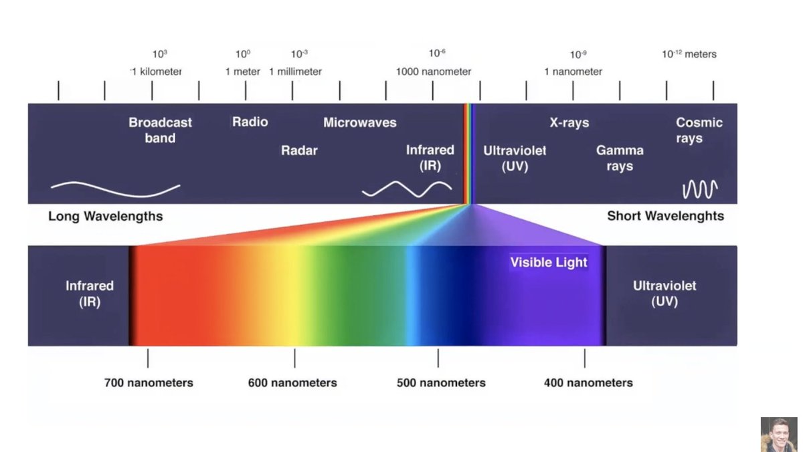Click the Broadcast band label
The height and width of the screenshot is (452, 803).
(160, 130)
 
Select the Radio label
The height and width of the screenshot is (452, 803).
(250, 122)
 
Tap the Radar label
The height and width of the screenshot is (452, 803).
(299, 150)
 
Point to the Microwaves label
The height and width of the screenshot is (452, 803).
(360, 122)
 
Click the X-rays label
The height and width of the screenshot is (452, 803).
(569, 122)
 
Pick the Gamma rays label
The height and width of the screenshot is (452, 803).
(620, 158)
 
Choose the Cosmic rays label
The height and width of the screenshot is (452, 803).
(699, 130)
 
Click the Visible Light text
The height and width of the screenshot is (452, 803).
(549, 262)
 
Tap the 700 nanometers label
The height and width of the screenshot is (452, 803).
(149, 383)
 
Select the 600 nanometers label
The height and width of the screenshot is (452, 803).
(292, 383)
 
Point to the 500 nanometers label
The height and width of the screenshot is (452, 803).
(441, 383)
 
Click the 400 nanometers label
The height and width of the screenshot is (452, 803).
(588, 383)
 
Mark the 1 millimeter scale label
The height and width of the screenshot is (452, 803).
(295, 72)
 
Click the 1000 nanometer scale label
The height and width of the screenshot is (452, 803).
(434, 72)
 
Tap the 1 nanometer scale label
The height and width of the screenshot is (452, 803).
(573, 72)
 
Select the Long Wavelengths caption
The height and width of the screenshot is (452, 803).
(106, 217)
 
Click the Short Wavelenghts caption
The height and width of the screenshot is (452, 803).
(665, 216)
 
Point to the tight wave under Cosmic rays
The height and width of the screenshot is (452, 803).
(700, 189)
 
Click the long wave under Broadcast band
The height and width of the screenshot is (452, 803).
(115, 189)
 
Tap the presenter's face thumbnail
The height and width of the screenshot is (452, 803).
(779, 434)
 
